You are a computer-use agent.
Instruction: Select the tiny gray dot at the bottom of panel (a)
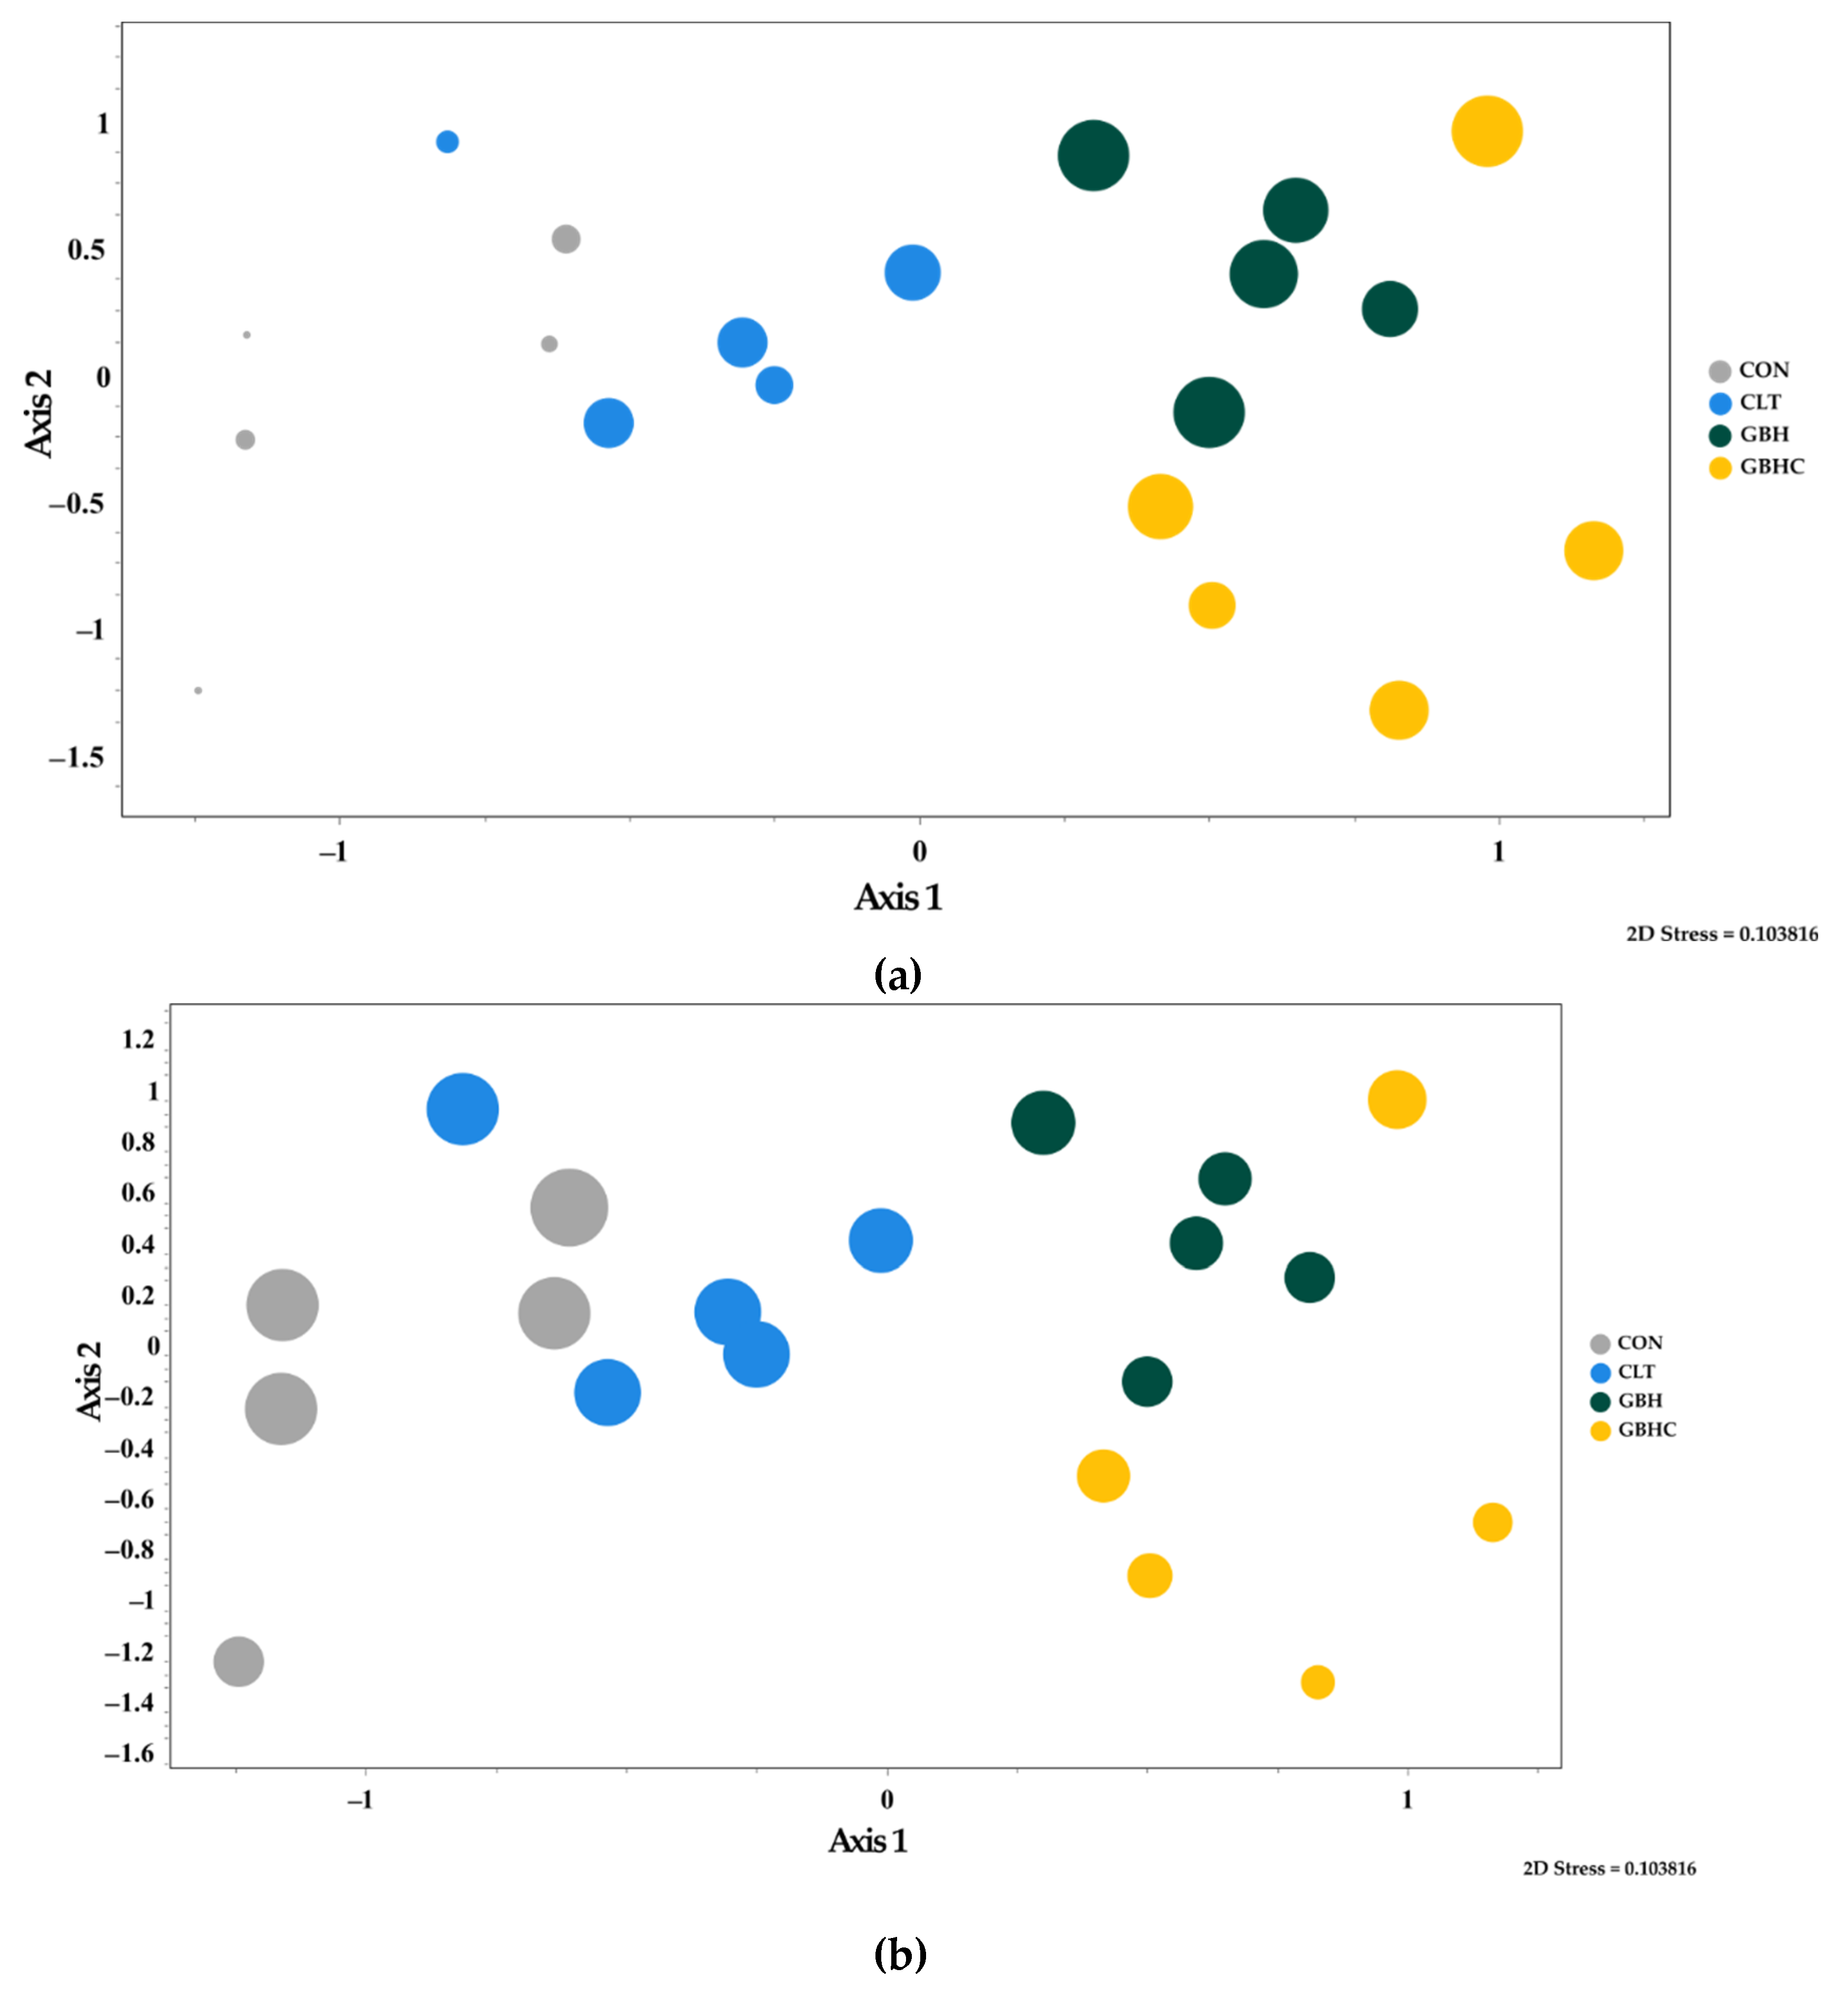coord(198,690)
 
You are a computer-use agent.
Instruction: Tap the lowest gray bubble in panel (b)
coord(238,1661)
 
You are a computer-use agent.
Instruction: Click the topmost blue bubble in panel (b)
coord(462,1109)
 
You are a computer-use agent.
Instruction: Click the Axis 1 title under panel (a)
coord(897,897)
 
